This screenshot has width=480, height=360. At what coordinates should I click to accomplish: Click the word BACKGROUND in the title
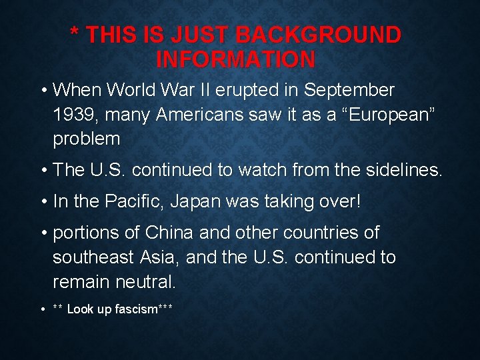tap(319, 35)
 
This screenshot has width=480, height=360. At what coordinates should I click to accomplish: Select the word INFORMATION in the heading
tap(235, 60)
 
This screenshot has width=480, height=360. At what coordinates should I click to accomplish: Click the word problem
tap(87, 139)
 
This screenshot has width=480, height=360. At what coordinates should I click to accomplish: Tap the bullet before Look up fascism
tap(42, 309)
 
